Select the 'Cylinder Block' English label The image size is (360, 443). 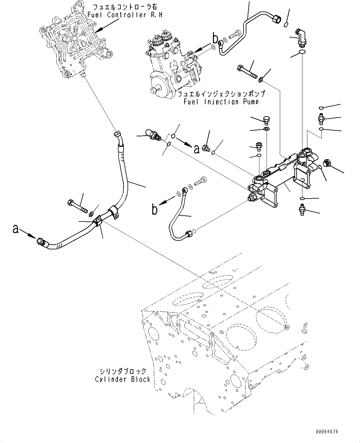click(123, 379)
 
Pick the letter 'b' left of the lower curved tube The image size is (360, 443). click(154, 209)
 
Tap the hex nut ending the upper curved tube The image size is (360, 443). click(276, 19)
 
